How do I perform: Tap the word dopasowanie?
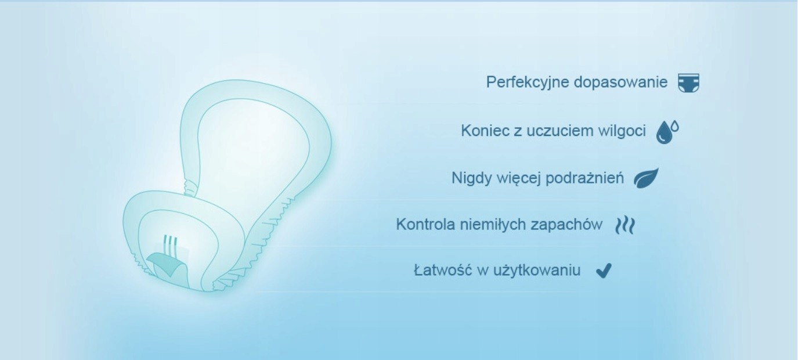tap(620, 82)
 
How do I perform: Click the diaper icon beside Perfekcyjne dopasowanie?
tap(688, 82)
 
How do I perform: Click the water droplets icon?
tap(667, 132)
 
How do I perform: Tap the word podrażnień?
tap(584, 178)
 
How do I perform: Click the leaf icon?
tap(646, 178)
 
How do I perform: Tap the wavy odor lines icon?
tap(625, 225)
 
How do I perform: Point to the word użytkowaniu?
tap(537, 271)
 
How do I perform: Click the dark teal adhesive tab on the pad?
tap(165, 264)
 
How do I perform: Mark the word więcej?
tap(519, 178)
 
